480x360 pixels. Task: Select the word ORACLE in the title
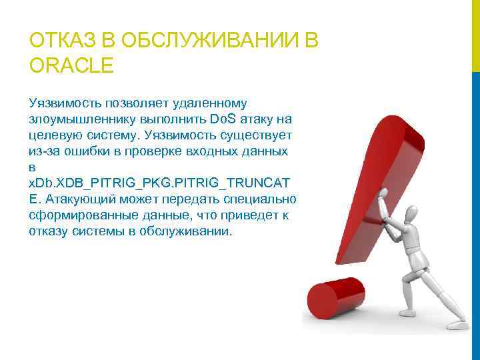click(72, 66)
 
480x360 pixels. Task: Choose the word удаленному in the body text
click(210, 103)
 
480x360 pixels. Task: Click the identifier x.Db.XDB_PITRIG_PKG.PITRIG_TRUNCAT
click(159, 183)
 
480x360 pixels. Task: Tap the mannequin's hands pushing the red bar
click(385, 196)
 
